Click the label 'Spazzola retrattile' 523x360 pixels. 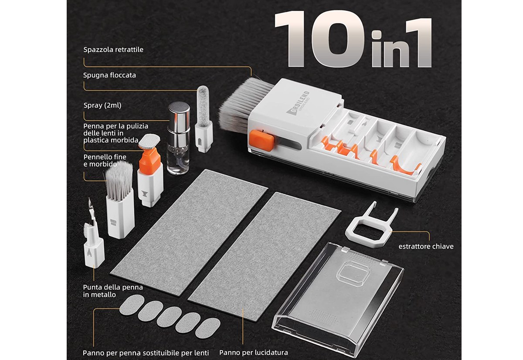[x=113, y=50]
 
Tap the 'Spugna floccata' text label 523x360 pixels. [x=109, y=75]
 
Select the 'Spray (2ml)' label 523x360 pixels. [x=102, y=105]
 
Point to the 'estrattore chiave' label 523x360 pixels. [x=426, y=247]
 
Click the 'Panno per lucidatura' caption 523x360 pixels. [x=254, y=353]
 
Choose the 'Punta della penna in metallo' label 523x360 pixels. [x=113, y=291]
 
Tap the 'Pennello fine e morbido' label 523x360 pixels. [x=105, y=160]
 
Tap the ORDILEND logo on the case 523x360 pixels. [x=298, y=102]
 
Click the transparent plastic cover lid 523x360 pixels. [x=338, y=299]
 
